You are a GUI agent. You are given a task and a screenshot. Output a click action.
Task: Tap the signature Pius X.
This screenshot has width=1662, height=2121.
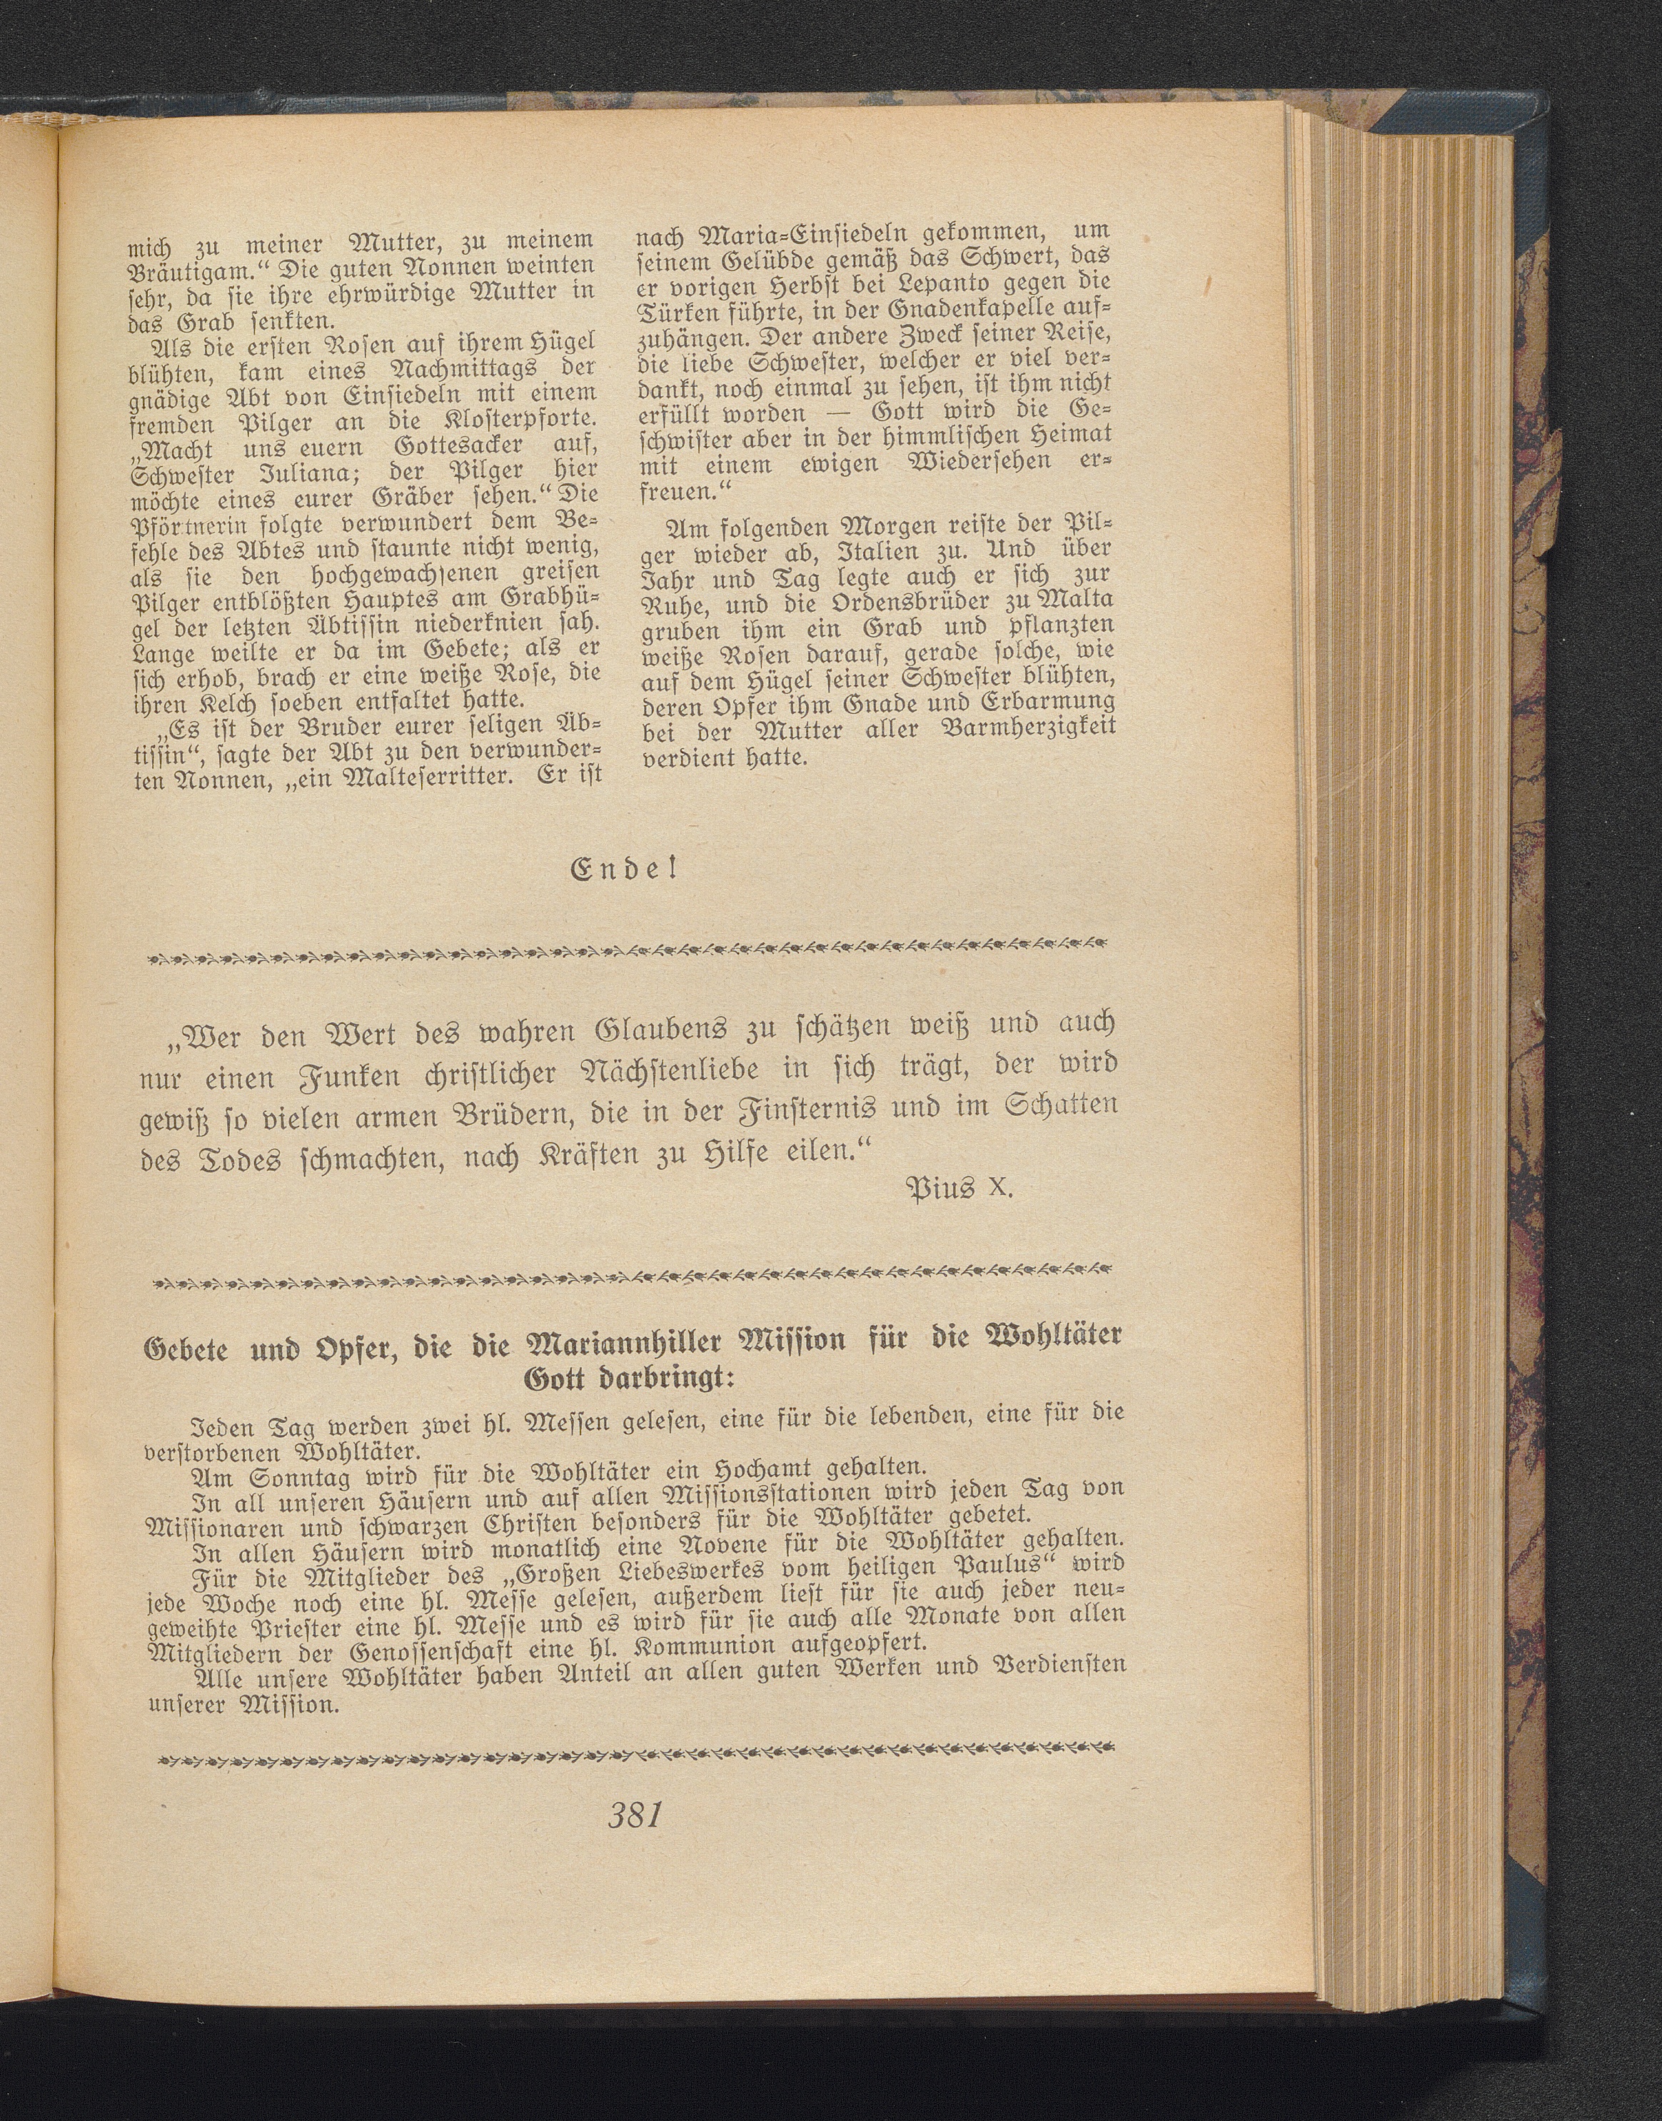point(960,1188)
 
